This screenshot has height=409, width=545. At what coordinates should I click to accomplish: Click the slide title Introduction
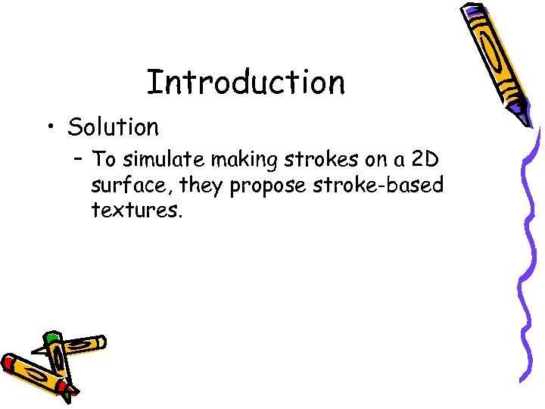click(245, 82)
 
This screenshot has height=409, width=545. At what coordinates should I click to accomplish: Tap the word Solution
click(113, 126)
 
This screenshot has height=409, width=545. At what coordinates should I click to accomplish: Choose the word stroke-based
click(373, 185)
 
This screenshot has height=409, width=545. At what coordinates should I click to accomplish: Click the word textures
click(136, 209)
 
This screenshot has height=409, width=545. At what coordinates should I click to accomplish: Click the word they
click(201, 186)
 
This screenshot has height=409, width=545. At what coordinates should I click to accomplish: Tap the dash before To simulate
click(77, 160)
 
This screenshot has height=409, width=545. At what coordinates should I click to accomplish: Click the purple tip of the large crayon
click(522, 115)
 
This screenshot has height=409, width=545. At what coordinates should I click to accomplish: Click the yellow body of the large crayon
click(496, 57)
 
